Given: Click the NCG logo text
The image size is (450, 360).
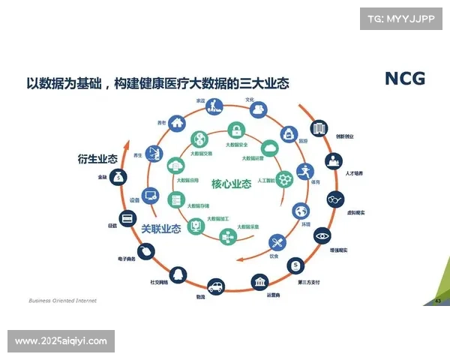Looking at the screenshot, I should pyautogui.click(x=404, y=78).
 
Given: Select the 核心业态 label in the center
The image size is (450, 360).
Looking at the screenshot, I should pyautogui.click(x=231, y=184).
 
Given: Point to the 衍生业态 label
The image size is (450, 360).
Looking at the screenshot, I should pyautogui.click(x=97, y=159).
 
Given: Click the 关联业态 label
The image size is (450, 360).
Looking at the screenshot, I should pyautogui.click(x=161, y=229).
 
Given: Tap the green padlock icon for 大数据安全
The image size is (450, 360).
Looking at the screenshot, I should pyautogui.click(x=236, y=129).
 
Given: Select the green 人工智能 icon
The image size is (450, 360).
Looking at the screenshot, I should pyautogui.click(x=284, y=179).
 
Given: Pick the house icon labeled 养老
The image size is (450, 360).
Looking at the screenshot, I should pyautogui.click(x=177, y=122).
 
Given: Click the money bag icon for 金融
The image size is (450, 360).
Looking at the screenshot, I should pyautogui.click(x=118, y=177).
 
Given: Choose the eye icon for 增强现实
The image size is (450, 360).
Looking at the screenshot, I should pyautogui.click(x=322, y=236).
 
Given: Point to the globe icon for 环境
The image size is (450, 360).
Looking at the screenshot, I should pyautogui.click(x=301, y=211).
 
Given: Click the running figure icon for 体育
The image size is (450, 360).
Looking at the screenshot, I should pyautogui.click(x=303, y=171).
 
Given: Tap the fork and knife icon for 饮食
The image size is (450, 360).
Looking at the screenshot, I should pyautogui.click(x=277, y=242).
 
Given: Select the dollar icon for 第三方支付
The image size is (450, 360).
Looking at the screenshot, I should pyautogui.click(x=298, y=266).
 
